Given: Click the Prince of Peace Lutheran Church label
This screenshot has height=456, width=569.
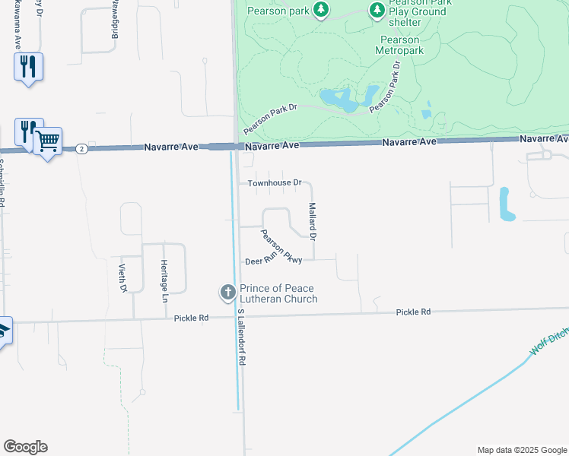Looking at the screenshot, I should point(278,293).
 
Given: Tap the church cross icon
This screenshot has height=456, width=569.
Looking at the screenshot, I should point(227,292).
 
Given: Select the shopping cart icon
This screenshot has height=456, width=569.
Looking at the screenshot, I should point(47,141).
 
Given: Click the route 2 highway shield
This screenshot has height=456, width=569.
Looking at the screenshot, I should point(81,149).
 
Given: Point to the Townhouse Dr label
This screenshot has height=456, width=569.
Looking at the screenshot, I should point(275,183).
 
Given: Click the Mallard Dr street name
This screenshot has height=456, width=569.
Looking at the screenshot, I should point(312,221).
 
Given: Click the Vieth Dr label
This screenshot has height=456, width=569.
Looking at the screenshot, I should point(122,277).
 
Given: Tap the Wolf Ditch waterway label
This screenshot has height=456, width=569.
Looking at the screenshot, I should point(549,340).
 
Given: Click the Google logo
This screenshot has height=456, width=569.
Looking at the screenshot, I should point(25,447).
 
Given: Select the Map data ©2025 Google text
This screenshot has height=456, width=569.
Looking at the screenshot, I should point(522,450).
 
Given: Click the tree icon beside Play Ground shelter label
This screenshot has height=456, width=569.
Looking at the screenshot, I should point(377,10).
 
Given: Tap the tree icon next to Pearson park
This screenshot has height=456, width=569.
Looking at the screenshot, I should point(322,8).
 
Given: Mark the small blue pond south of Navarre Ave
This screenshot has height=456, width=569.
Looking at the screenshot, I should point(506,204).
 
